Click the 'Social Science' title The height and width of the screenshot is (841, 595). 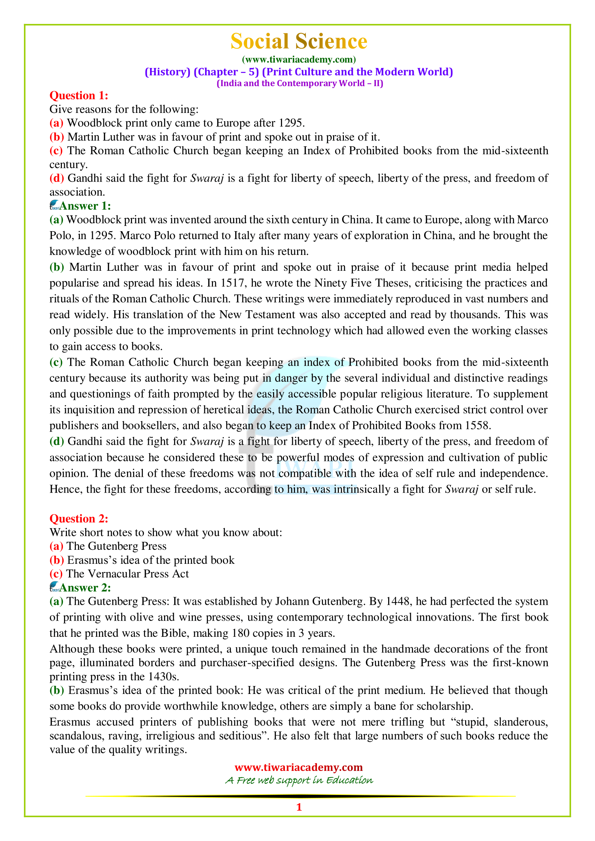299,41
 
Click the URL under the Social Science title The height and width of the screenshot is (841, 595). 299,59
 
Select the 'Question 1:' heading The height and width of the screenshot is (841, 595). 79,96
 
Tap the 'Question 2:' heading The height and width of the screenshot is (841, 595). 79,518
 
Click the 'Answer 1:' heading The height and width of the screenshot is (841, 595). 85,206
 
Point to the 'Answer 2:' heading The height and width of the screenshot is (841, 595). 85,588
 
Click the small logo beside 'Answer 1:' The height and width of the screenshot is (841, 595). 54,205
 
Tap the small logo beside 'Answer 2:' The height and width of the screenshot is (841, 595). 54,587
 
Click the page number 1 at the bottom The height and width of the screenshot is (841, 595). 299,806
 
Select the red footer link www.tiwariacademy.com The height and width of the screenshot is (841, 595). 299,767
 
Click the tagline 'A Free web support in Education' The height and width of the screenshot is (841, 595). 299,780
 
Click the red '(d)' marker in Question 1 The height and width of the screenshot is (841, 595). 57,178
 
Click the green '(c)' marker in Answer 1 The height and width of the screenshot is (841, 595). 56,362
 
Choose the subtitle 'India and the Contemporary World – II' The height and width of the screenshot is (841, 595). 300,83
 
